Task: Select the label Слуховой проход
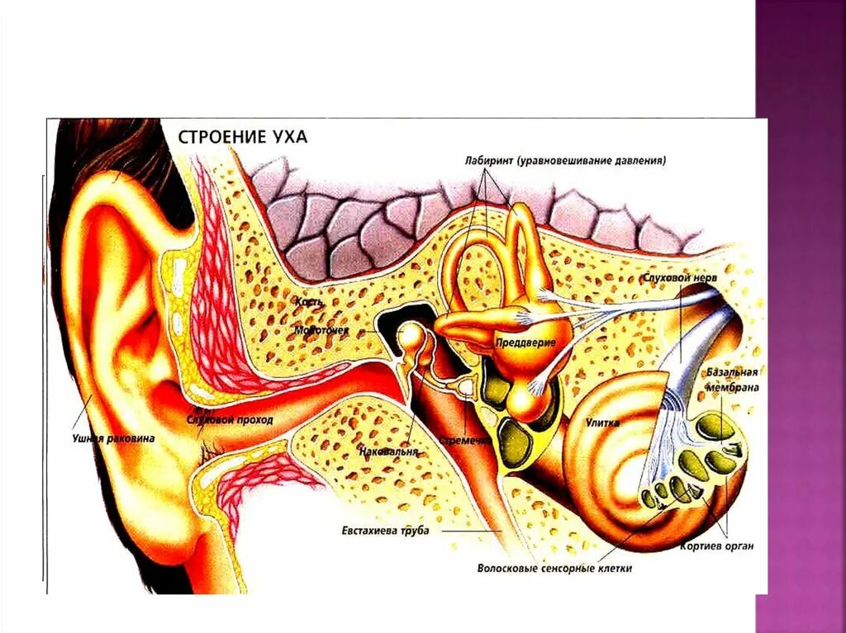230,420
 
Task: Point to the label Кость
309,302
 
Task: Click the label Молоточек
321,330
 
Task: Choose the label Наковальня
389,452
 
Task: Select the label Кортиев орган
717,546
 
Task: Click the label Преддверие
525,342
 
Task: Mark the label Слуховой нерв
680,279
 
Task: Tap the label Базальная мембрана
732,380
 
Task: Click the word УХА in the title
287,135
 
